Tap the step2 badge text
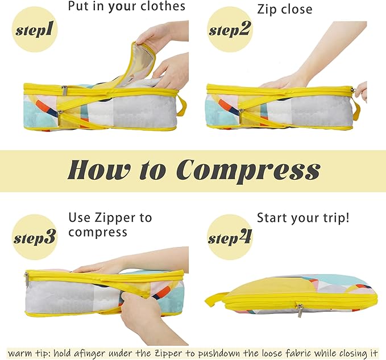(x=230, y=30)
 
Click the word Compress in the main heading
(x=248, y=170)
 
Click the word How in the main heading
(x=100, y=170)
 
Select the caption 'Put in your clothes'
(x=126, y=7)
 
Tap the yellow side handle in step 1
(x=182, y=105)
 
